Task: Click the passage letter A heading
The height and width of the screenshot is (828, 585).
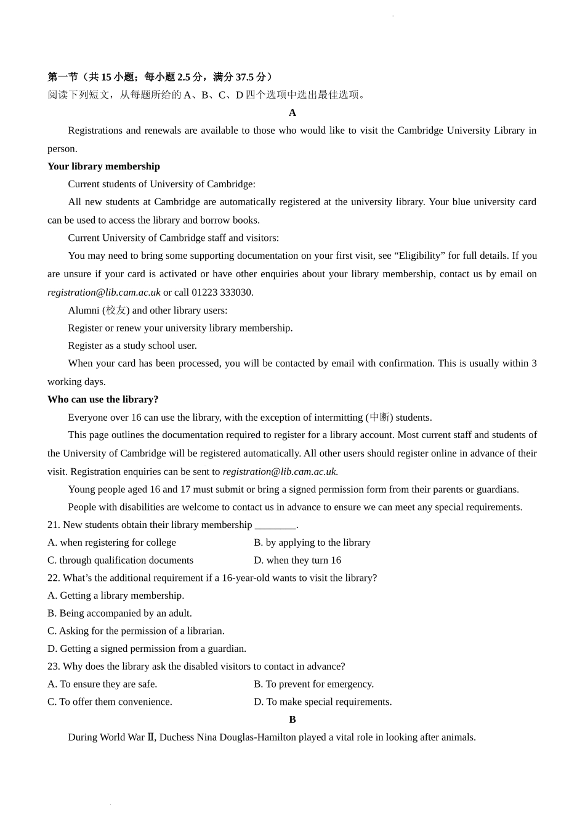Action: [292, 113]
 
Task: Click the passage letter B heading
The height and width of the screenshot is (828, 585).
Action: [292, 720]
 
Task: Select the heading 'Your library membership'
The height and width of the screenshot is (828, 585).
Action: [103, 166]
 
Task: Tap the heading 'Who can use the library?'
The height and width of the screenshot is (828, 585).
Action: [103, 399]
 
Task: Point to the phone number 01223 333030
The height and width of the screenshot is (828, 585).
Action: [222, 292]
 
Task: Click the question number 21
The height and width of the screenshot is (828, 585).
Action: [54, 525]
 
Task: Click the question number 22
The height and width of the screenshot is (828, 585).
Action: [54, 578]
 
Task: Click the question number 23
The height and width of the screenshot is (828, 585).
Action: [54, 667]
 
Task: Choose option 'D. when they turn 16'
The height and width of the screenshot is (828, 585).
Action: [297, 560]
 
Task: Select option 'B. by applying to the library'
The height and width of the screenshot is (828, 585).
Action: [312, 543]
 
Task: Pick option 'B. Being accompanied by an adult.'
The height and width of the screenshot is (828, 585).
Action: [119, 614]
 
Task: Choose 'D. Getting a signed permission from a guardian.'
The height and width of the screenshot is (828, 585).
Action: [147, 649]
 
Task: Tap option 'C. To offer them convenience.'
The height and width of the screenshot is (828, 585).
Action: [110, 702]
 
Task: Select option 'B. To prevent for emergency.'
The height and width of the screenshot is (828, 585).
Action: [314, 684]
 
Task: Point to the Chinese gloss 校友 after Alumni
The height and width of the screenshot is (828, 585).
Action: [116, 310]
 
